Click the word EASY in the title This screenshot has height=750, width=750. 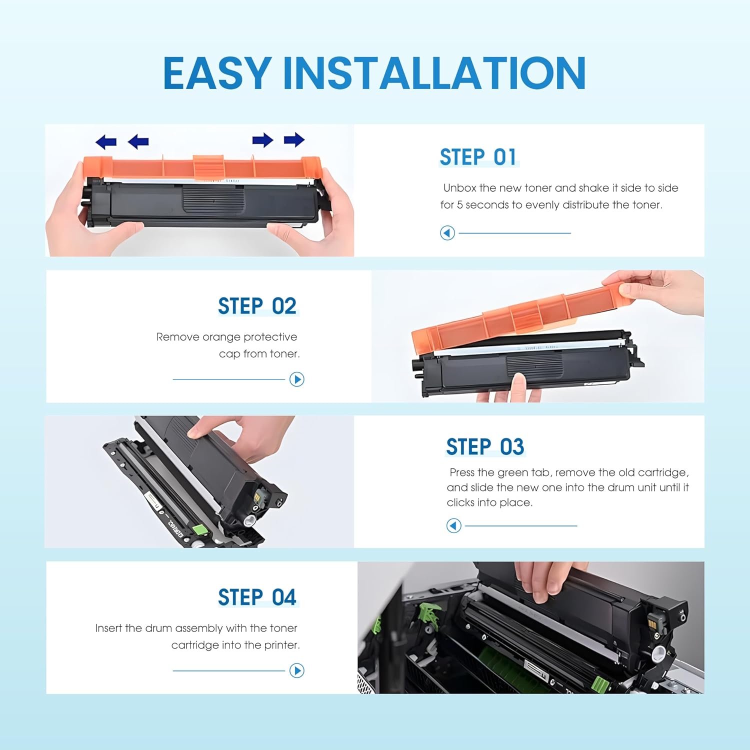click(x=216, y=73)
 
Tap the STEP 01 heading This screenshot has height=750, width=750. click(x=478, y=157)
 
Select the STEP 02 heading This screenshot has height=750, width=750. click(x=257, y=306)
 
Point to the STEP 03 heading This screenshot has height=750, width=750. click(x=484, y=446)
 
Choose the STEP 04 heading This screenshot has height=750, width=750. click(x=257, y=597)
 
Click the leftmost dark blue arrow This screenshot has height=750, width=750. click(x=106, y=142)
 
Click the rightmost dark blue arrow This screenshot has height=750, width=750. click(x=294, y=140)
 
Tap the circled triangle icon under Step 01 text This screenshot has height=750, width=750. click(x=447, y=233)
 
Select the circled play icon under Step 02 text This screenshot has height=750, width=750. click(x=297, y=379)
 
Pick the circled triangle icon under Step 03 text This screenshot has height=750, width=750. click(x=453, y=525)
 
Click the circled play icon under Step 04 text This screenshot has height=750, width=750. click(x=297, y=670)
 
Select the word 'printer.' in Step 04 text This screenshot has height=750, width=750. click(x=282, y=645)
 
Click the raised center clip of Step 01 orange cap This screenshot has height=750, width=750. click(x=208, y=167)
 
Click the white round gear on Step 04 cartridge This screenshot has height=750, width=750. click(x=659, y=652)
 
